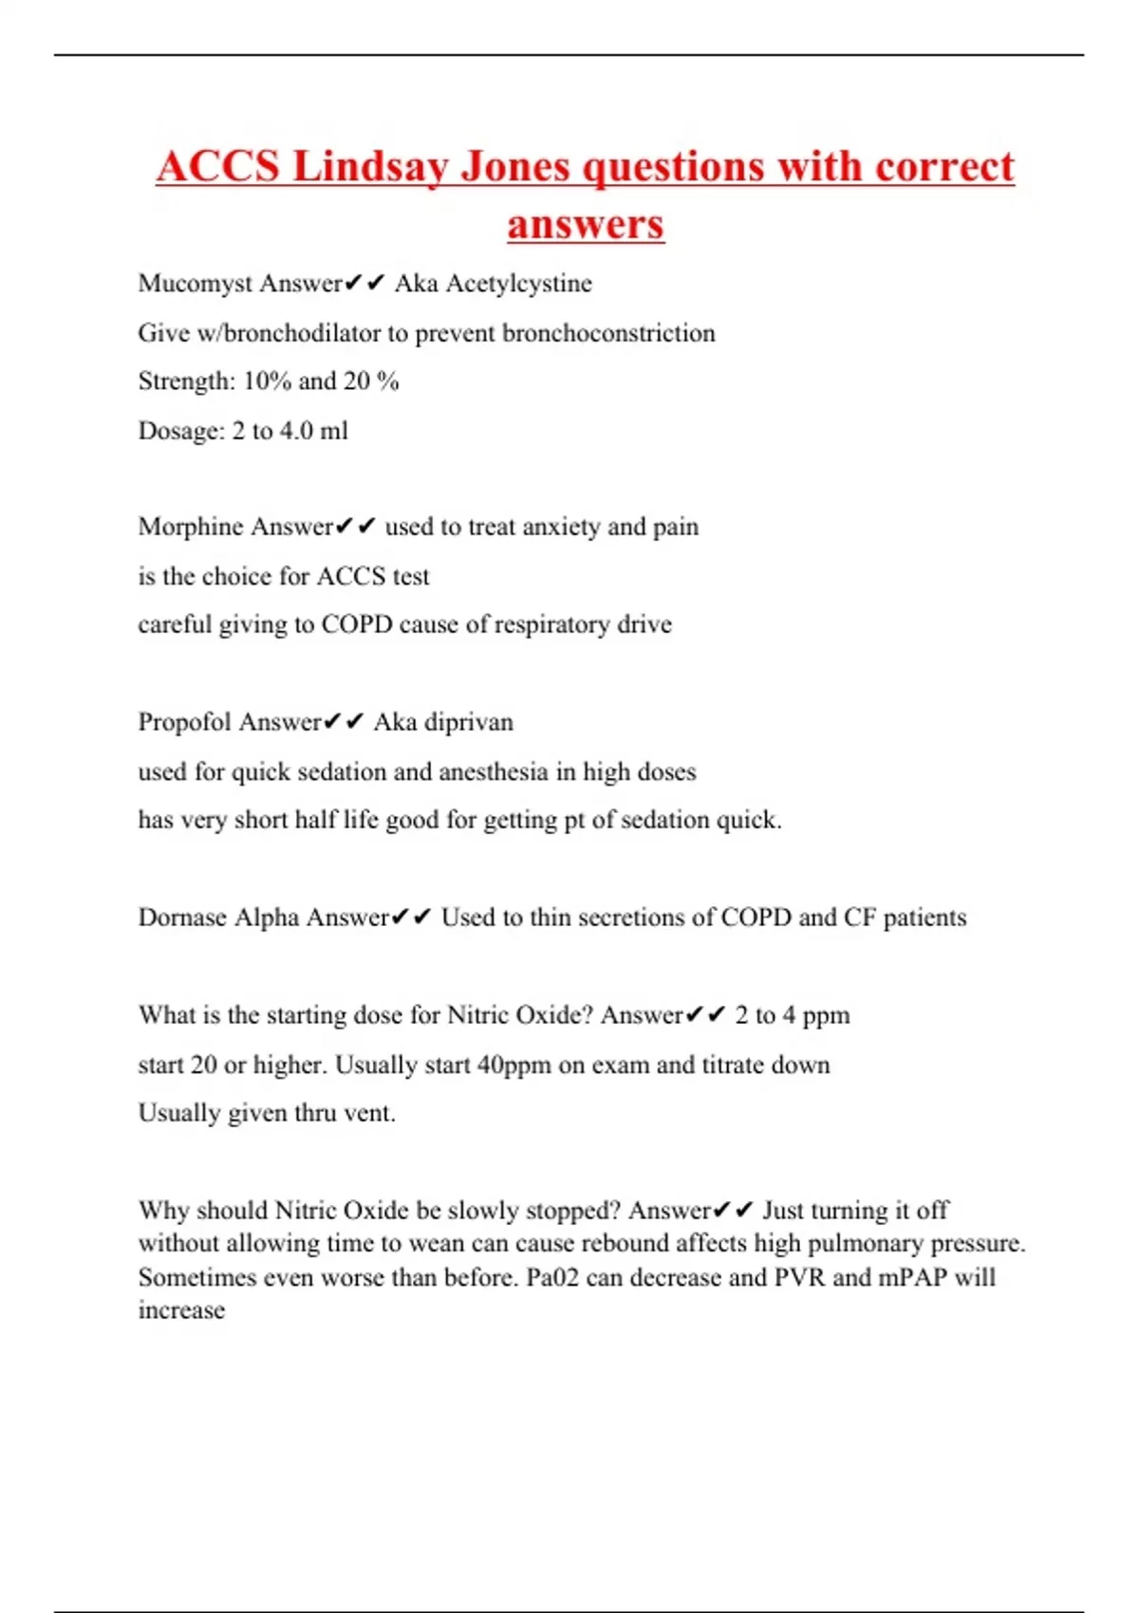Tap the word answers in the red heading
tap(586, 225)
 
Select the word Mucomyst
tap(195, 284)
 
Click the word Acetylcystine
tap(518, 284)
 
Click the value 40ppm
tap(513, 1065)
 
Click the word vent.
tap(368, 1113)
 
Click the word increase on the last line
tap(181, 1310)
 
